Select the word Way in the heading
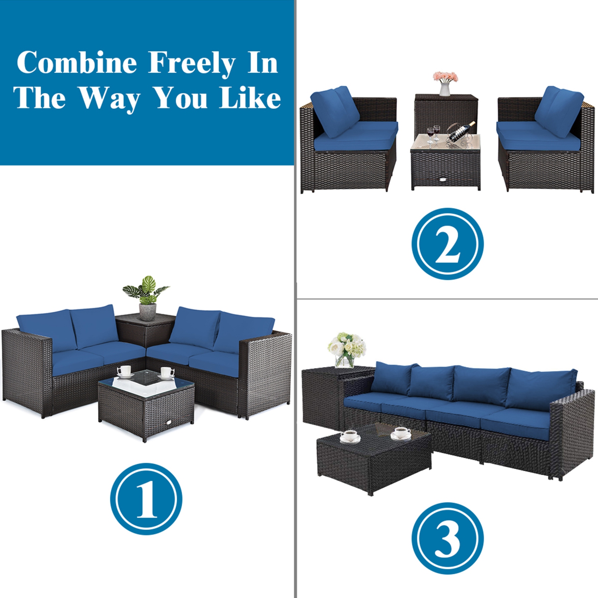pos(109,98)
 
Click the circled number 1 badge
pos(146,499)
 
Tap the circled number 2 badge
pos(447,244)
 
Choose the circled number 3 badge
pos(447,538)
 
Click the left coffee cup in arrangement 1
pos(125,371)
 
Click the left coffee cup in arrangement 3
pos(350,436)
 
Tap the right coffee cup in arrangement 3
pos(401,433)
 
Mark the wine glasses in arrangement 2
pos(433,134)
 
